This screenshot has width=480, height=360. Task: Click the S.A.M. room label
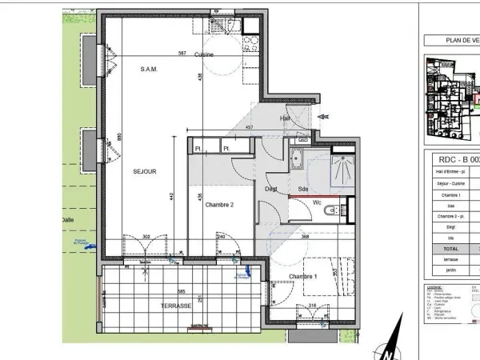click(149, 69)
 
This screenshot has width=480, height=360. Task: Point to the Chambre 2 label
click(218, 205)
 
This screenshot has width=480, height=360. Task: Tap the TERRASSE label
click(175, 306)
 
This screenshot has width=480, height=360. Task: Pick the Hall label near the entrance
click(285, 118)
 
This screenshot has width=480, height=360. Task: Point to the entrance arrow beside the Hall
click(323, 117)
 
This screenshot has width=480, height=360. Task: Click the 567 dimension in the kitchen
click(182, 54)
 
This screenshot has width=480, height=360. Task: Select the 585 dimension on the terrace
click(182, 292)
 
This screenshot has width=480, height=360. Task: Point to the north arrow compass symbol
click(387, 347)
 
